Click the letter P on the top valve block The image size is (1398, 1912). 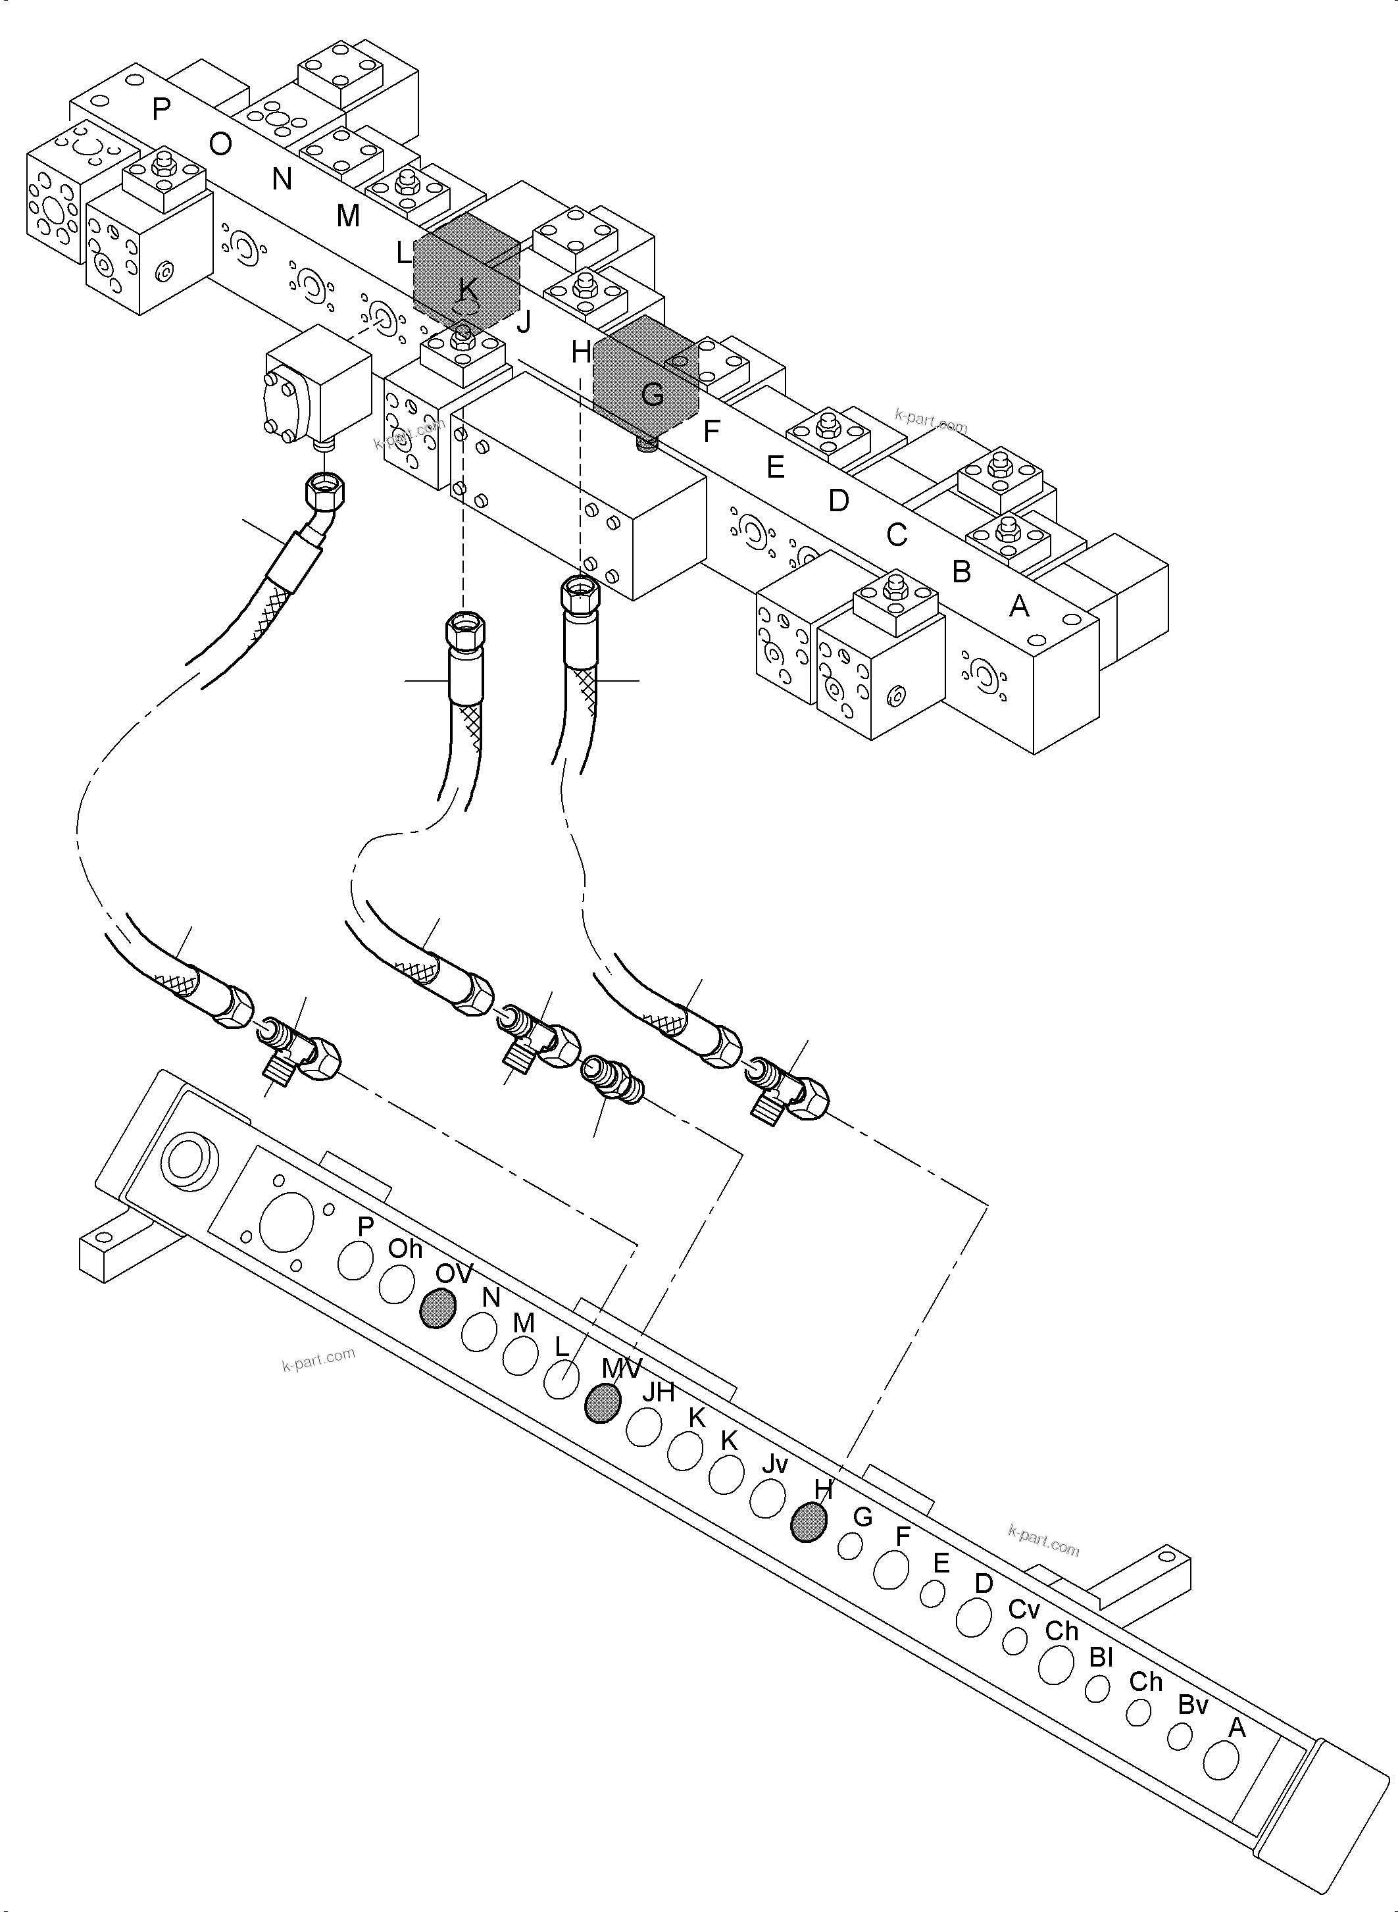[161, 109]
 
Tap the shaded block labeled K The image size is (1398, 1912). [465, 271]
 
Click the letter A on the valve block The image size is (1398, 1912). [1020, 606]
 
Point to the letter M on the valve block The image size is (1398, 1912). [348, 216]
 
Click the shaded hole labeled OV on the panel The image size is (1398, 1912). [437, 1309]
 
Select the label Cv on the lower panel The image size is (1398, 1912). [1023, 1609]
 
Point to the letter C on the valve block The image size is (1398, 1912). [896, 535]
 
